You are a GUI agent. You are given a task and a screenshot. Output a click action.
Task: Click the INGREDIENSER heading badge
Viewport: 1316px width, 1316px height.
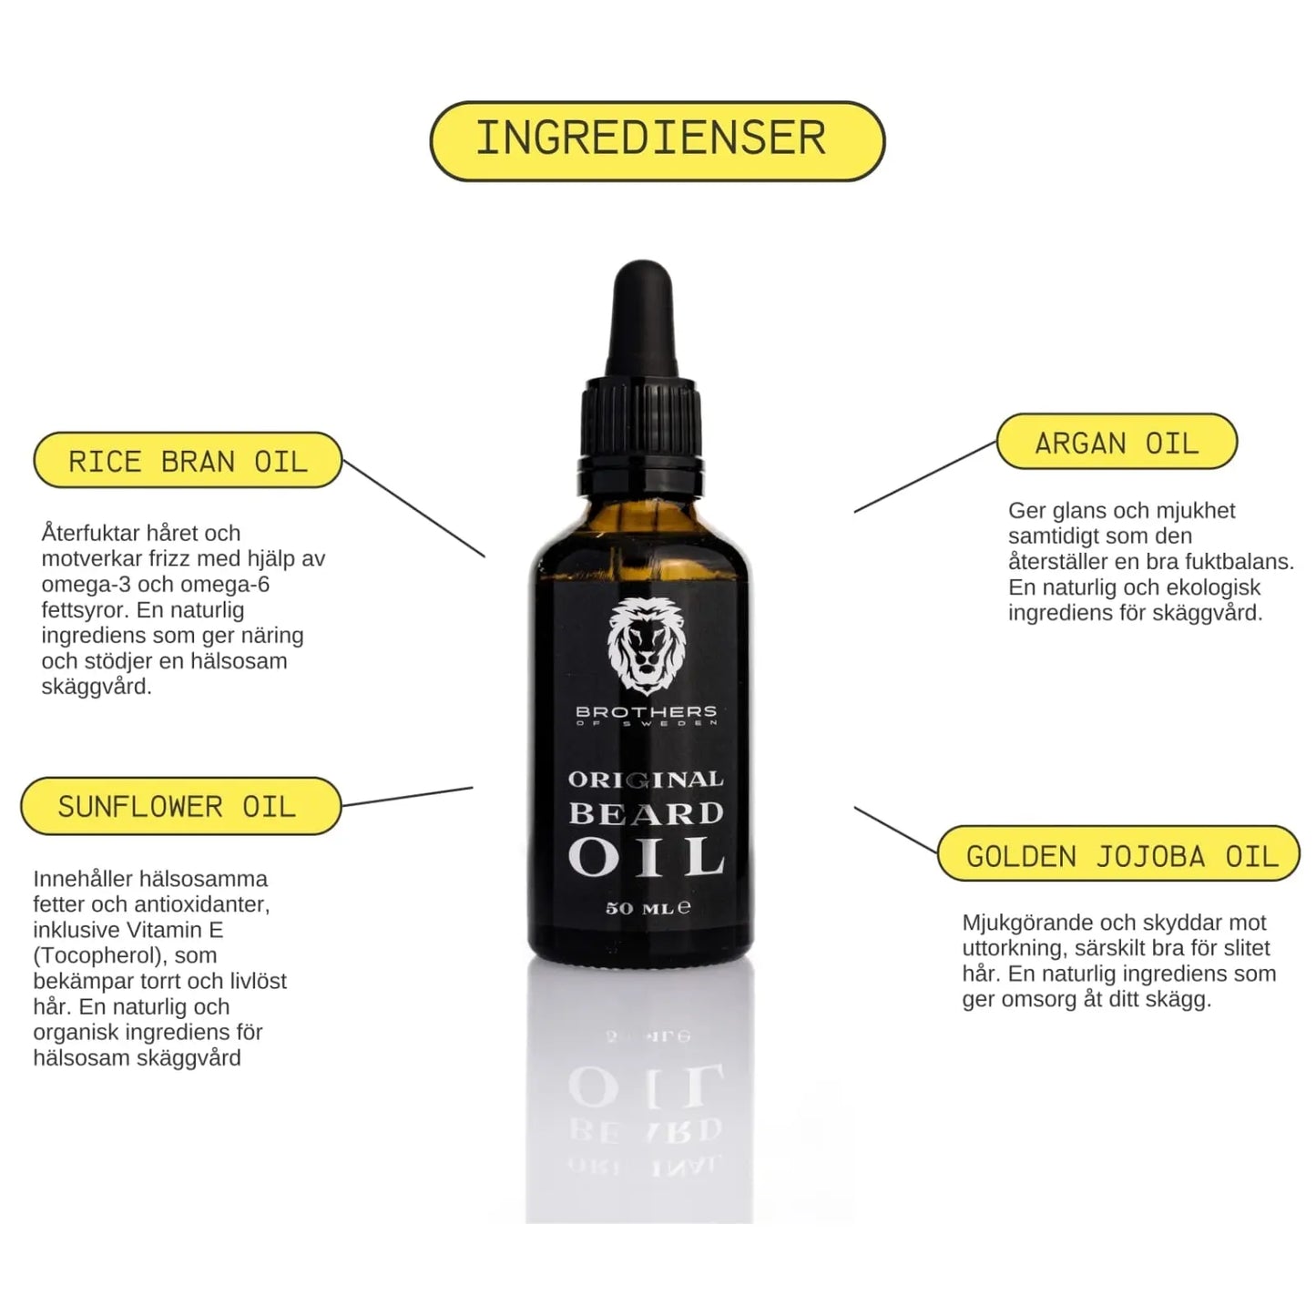point(657,140)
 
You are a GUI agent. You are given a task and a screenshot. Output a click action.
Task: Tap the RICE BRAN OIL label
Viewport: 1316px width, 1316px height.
point(188,461)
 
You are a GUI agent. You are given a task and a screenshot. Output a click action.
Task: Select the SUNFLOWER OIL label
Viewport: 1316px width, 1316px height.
point(179,806)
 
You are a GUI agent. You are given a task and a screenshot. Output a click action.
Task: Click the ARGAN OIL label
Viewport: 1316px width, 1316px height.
point(1117,443)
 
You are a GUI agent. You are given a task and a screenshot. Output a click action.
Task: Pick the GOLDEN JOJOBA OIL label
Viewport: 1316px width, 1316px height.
point(1119,855)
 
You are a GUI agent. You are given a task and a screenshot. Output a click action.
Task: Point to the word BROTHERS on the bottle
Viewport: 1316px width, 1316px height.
point(646,711)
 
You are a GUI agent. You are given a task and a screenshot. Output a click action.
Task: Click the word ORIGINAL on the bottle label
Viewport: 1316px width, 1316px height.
point(646,780)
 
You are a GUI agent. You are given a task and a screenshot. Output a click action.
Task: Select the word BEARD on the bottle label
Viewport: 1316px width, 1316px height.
point(646,813)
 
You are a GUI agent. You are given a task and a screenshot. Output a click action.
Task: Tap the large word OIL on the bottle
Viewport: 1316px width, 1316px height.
point(646,857)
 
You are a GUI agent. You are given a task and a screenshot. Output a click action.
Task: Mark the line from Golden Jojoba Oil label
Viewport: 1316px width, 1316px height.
point(895,830)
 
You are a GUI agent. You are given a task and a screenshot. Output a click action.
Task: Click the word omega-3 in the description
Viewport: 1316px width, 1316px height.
point(84,585)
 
